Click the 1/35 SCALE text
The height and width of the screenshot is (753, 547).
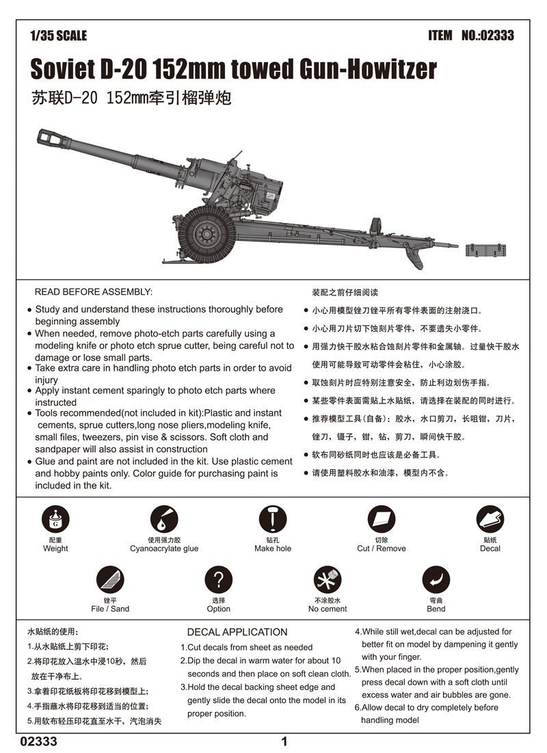(x=59, y=36)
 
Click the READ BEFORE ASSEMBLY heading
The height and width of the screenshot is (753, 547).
(x=94, y=292)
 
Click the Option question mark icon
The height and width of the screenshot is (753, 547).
(x=218, y=581)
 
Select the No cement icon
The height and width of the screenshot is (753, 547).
(x=328, y=581)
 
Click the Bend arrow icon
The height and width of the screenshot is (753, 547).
(x=436, y=581)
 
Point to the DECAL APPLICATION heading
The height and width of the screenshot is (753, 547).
(x=237, y=632)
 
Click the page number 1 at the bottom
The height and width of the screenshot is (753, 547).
(x=284, y=741)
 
